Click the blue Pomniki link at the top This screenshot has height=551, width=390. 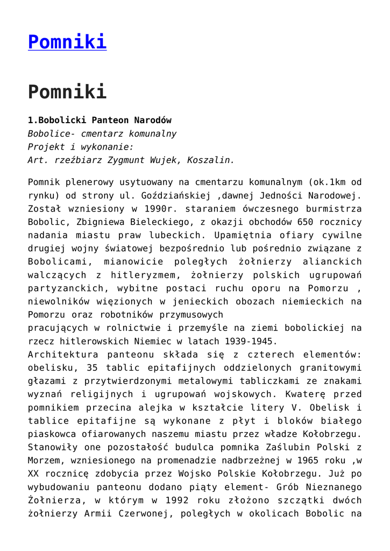tap(67, 41)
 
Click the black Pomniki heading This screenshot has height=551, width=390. tap(67, 91)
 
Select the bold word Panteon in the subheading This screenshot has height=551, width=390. tap(110, 119)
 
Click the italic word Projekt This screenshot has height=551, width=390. tap(46, 146)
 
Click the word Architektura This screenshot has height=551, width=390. tap(60, 355)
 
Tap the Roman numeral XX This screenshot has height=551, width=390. tap(34, 474)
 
